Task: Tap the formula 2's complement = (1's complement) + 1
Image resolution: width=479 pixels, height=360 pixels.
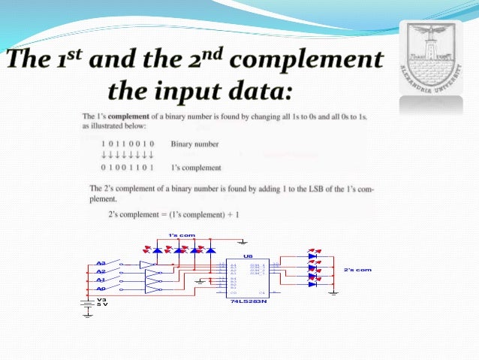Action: (173, 215)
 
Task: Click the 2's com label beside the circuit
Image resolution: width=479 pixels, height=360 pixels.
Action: (357, 268)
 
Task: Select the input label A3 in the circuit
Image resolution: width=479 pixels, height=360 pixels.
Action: (101, 264)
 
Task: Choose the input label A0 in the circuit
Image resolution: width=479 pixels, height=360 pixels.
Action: (101, 288)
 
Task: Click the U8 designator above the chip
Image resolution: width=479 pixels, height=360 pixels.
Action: (248, 256)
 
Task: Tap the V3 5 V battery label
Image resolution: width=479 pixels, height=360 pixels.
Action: (102, 301)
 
